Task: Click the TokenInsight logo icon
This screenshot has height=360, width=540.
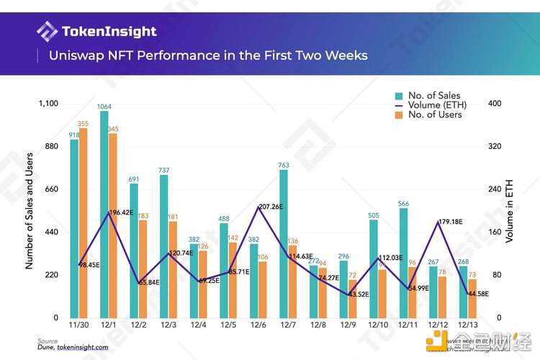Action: pyautogui.click(x=48, y=31)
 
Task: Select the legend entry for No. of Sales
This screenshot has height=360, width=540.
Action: pyautogui.click(x=433, y=95)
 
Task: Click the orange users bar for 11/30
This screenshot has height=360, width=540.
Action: pyautogui.click(x=84, y=222)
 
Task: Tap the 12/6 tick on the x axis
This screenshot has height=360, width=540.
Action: pyautogui.click(x=258, y=326)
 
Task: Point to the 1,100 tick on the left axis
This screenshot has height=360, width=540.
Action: pyautogui.click(x=47, y=104)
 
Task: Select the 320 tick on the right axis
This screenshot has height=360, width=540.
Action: pyautogui.click(x=495, y=146)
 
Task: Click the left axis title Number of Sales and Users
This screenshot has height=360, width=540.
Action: pyautogui.click(x=30, y=210)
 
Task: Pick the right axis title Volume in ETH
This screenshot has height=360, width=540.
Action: pyautogui.click(x=510, y=210)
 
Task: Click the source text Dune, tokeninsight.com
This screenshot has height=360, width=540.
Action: pyautogui.click(x=73, y=347)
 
